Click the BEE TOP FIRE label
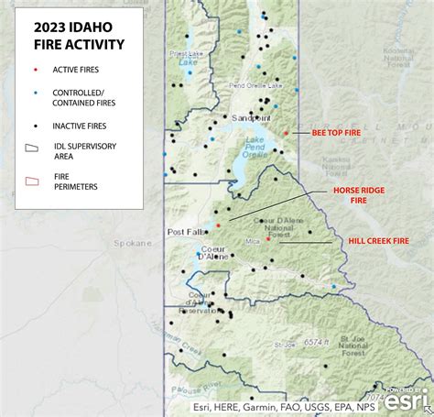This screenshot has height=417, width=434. pyautogui.click(x=336, y=133)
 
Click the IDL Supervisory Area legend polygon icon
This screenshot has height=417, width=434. pyautogui.click(x=32, y=148)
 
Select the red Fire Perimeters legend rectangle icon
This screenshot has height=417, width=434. pyautogui.click(x=32, y=181)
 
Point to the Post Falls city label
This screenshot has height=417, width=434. pyautogui.click(x=186, y=232)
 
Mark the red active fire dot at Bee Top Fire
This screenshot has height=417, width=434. pyautogui.click(x=286, y=134)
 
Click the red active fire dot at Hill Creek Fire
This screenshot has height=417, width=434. pyautogui.click(x=267, y=238)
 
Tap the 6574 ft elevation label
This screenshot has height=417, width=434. pyautogui.click(x=317, y=342)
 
